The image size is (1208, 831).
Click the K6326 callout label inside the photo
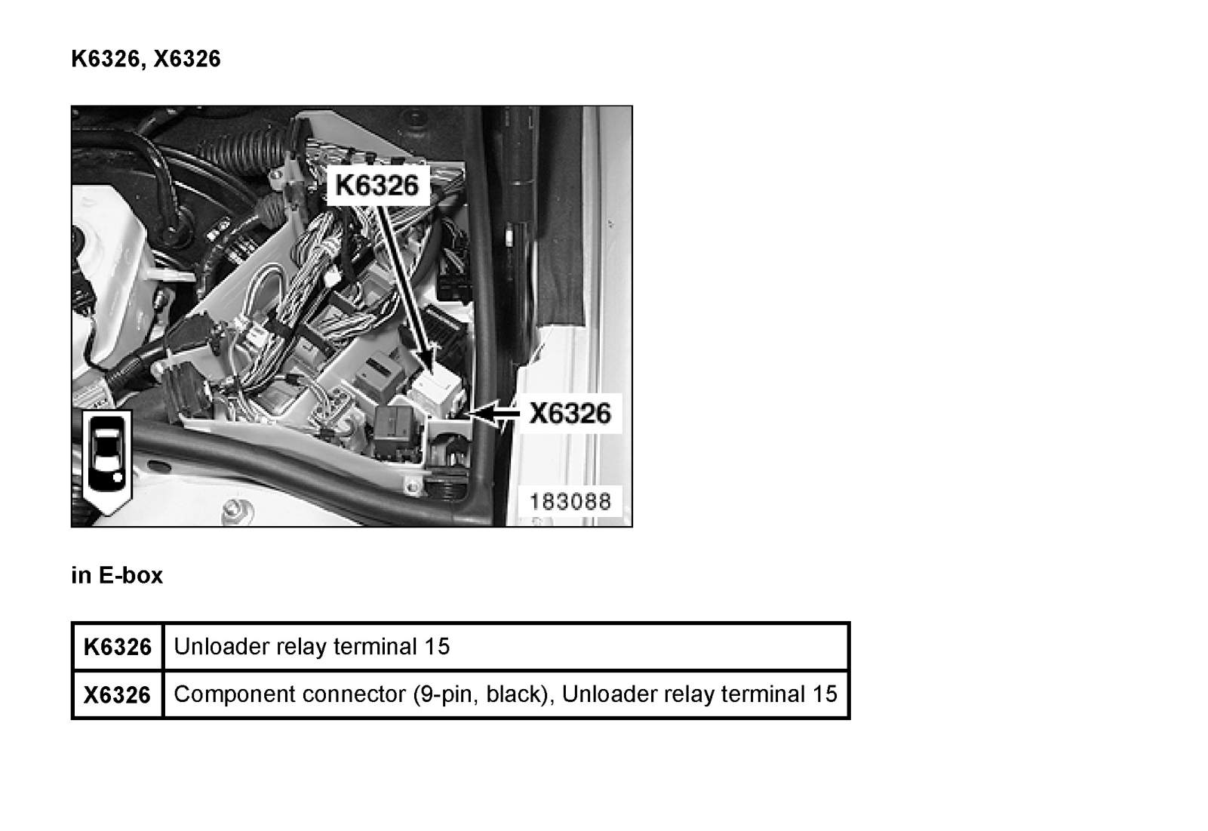[x=377, y=185]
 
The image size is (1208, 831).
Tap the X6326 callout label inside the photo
[x=570, y=414]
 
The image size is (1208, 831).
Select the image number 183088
[x=570, y=501]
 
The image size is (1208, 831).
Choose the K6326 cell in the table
[x=118, y=647]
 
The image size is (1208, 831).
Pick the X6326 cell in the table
[x=118, y=695]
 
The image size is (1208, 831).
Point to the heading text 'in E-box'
[x=116, y=575]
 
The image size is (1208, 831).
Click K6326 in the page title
[x=105, y=59]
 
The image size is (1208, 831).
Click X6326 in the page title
[x=187, y=59]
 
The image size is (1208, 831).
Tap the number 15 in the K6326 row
[x=436, y=646]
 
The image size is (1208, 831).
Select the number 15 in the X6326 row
[x=825, y=694]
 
